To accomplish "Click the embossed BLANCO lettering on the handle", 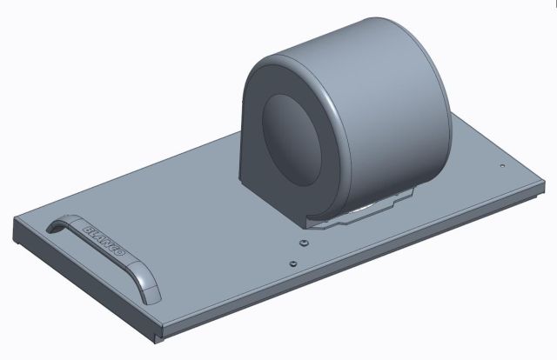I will coord(105,243).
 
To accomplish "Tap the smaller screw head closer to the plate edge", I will coord(293,262).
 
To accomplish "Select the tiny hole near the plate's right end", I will coord(502,165).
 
